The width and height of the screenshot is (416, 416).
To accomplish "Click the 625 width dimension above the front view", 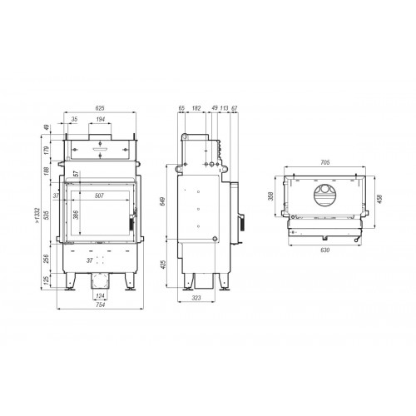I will [99, 108].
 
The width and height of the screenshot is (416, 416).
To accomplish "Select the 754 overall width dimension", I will [99, 305].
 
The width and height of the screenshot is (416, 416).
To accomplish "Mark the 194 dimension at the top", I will [100, 121].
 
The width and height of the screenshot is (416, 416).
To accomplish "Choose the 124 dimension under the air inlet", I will [100, 295].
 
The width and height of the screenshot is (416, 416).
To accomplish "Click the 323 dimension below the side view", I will [198, 296].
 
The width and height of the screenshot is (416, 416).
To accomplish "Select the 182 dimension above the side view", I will [196, 108].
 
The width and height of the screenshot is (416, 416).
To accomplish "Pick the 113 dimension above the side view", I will [225, 108].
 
